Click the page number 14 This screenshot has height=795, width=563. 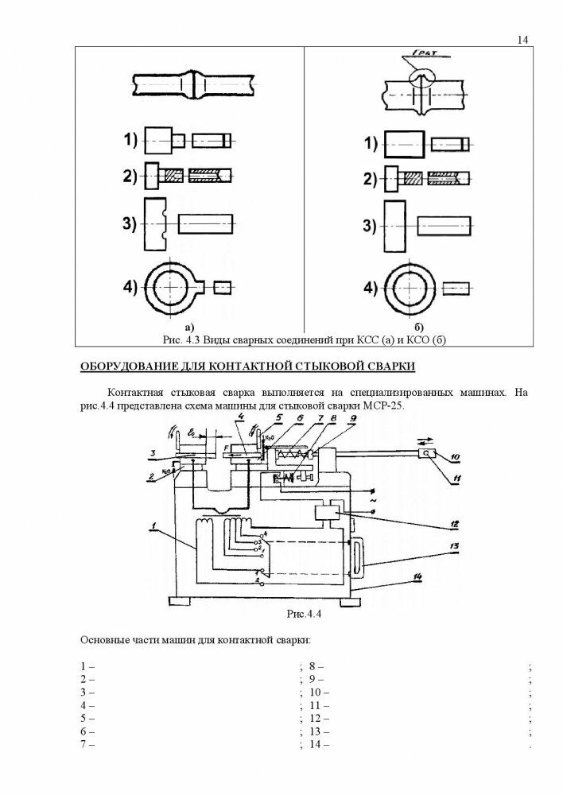[x=522, y=39]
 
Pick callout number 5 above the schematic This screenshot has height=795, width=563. [x=279, y=417]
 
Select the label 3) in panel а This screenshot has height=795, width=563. [x=130, y=223]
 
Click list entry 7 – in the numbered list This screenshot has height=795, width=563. [x=87, y=744]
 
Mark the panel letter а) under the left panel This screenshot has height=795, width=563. [x=188, y=327]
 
